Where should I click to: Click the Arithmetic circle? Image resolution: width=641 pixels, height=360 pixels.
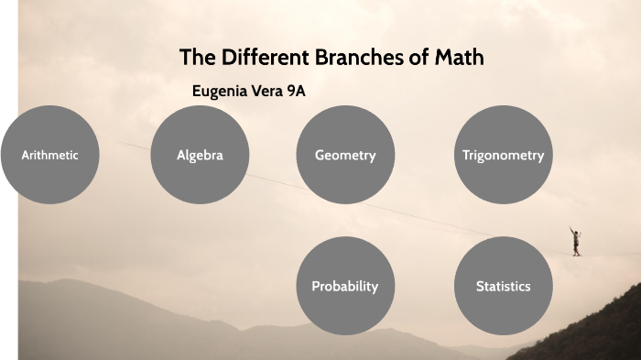tap(50, 155)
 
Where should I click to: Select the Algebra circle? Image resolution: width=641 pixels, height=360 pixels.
tap(200, 155)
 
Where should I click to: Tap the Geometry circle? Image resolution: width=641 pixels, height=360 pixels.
tap(345, 155)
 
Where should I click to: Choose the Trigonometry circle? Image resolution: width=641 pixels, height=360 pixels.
tap(503, 155)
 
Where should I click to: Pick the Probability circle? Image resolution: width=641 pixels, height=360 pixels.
tap(345, 286)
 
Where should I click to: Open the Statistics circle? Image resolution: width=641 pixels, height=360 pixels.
tap(503, 286)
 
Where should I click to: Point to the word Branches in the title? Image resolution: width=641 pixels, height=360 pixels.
tap(356, 57)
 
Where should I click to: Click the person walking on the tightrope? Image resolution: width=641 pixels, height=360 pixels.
tap(575, 241)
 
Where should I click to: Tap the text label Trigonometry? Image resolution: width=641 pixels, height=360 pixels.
tap(503, 156)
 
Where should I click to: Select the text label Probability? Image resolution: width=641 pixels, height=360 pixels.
tap(345, 287)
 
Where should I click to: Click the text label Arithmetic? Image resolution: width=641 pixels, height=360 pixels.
tap(50, 156)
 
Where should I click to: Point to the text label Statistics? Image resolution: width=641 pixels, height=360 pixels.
tap(503, 287)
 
